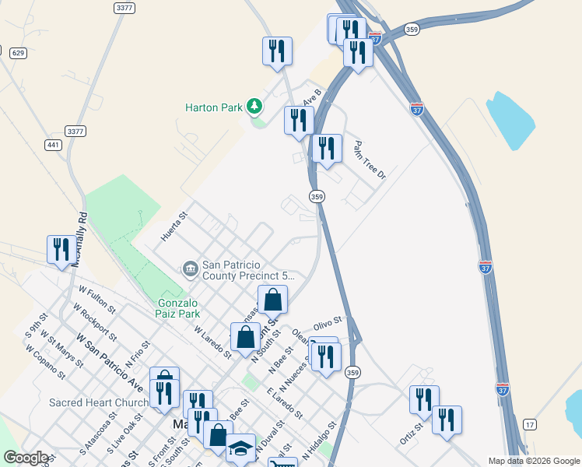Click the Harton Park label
214,107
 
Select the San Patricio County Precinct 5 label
242,269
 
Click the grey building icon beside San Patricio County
190,269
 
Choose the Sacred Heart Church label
99,402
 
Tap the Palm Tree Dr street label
370,159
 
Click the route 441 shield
53,145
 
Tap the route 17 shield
530,423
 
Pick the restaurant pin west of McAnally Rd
60,249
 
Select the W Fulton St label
97,299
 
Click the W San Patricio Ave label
110,362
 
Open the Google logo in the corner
26,458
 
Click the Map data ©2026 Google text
533,461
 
